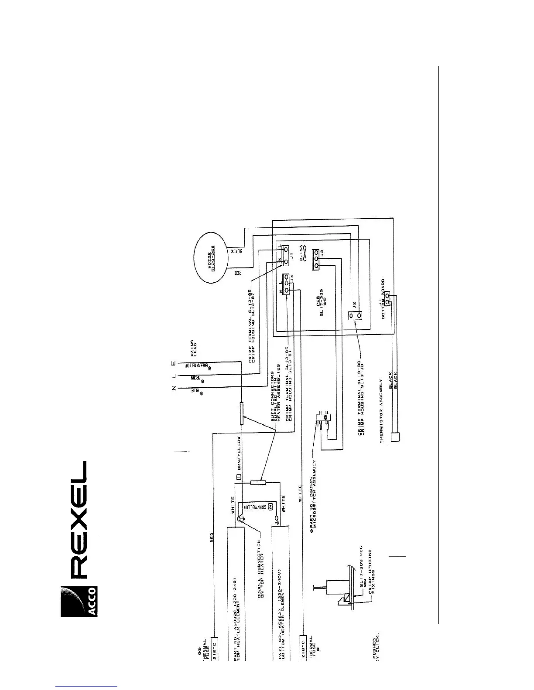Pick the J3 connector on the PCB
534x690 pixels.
pyautogui.click(x=318, y=261)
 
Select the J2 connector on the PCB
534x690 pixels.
pyautogui.click(x=355, y=315)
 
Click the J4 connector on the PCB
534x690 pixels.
pyautogui.click(x=286, y=284)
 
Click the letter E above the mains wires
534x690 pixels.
pyautogui.click(x=173, y=362)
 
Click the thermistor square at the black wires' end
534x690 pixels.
pyautogui.click(x=394, y=436)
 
